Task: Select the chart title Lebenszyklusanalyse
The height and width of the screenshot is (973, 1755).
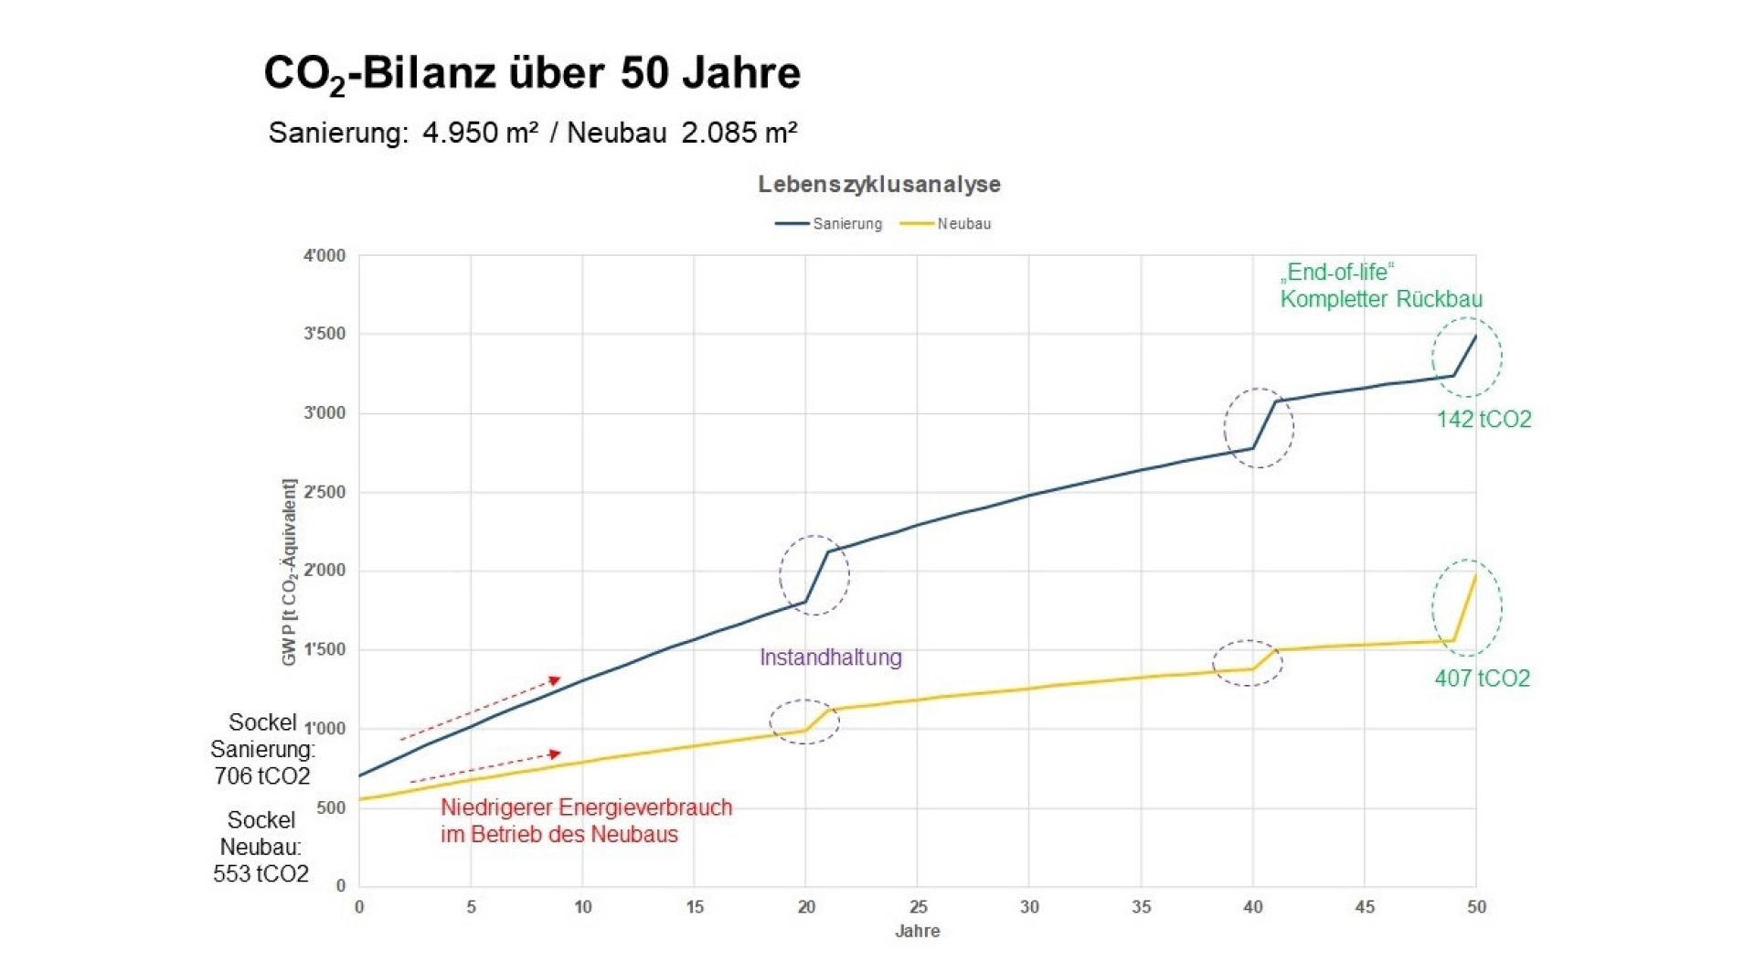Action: pos(878,185)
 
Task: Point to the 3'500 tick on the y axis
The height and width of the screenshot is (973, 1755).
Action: pos(324,335)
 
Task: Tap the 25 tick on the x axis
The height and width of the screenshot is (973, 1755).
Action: pos(918,907)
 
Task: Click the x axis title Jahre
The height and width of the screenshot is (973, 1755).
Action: pos(917,932)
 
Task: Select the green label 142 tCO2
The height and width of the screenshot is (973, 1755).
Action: pos(1484,420)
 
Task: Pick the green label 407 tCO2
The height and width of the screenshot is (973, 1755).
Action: pos(1482,679)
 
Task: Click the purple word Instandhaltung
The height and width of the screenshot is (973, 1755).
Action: pos(830,658)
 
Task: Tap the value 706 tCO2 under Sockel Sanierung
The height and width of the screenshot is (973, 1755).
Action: pos(262,776)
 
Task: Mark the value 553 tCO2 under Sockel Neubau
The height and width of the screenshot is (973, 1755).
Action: pos(261,874)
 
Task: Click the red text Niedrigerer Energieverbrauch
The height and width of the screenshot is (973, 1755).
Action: pos(586,808)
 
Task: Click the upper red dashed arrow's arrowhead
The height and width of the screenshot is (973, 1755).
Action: pos(555,680)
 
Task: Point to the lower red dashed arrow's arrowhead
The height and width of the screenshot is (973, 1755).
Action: pos(555,754)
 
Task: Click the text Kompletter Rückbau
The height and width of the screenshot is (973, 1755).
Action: pos(1380,300)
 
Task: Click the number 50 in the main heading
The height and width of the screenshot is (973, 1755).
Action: pos(644,73)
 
